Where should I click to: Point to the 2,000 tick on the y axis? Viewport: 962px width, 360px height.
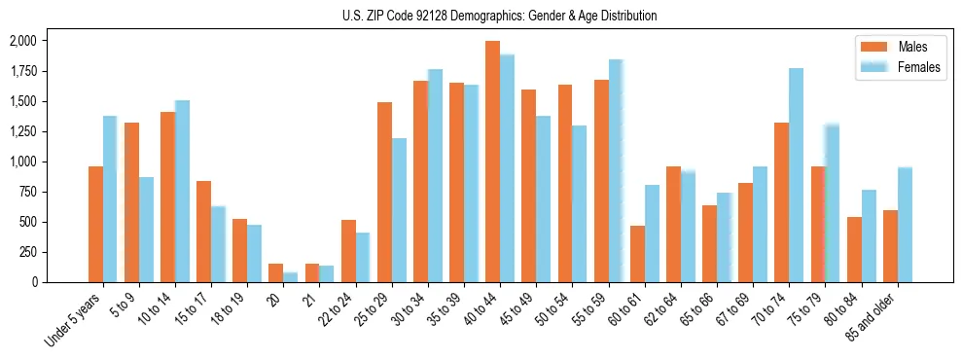point(21,41)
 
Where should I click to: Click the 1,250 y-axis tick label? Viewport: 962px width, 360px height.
point(21,131)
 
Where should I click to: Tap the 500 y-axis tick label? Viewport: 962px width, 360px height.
point(27,222)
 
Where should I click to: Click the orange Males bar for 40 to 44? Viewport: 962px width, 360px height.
point(492,162)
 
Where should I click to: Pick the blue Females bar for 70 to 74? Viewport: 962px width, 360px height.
point(796,175)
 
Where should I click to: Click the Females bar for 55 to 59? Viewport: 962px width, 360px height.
point(616,171)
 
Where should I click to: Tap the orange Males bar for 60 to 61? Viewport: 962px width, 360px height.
point(637,254)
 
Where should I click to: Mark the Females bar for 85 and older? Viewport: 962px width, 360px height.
point(905,225)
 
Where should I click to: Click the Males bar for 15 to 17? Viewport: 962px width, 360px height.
point(203,232)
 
